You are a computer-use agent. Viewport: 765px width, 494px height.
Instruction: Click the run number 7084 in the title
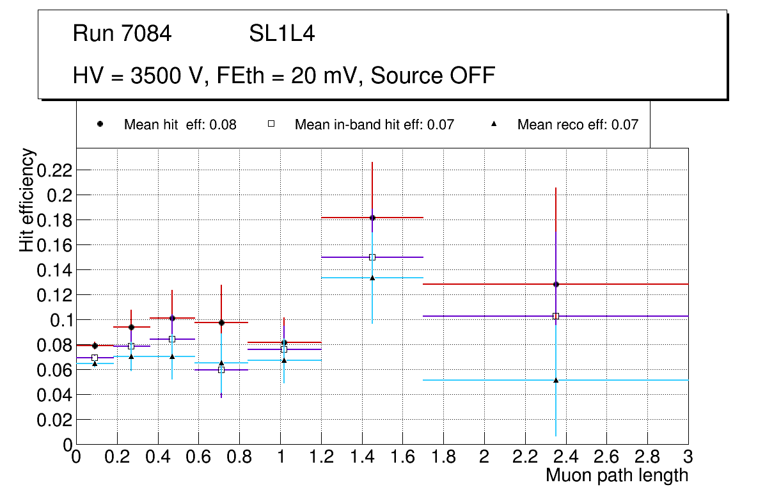[x=146, y=34]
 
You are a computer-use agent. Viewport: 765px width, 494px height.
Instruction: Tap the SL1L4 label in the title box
[x=281, y=34]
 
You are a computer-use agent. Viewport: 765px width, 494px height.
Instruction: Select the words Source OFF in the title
[x=433, y=76]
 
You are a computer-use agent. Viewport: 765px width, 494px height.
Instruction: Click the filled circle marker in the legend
[x=100, y=124]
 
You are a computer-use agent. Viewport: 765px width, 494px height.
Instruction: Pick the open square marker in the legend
[x=271, y=124]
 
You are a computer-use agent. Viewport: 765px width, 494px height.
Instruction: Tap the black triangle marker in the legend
[x=494, y=124]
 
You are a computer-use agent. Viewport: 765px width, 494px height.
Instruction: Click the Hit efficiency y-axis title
[x=27, y=200]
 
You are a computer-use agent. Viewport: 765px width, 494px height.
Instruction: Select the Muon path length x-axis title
[x=617, y=475]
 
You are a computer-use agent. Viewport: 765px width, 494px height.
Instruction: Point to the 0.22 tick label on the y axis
[x=56, y=170]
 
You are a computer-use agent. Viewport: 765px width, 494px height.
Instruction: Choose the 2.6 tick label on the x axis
[x=606, y=458]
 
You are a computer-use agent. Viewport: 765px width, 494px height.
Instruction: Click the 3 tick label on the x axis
[x=688, y=458]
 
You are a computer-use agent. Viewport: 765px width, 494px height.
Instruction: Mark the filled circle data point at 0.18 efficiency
[x=372, y=218]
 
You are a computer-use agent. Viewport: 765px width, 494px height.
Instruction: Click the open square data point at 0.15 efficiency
[x=372, y=257]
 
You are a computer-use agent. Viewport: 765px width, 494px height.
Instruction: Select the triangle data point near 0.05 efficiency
[x=556, y=380]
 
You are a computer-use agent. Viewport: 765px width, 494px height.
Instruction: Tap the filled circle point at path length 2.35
[x=556, y=284]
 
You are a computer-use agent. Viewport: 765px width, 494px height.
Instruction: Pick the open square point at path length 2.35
[x=556, y=316]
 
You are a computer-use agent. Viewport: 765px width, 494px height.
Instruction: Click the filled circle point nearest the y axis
[x=95, y=346]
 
